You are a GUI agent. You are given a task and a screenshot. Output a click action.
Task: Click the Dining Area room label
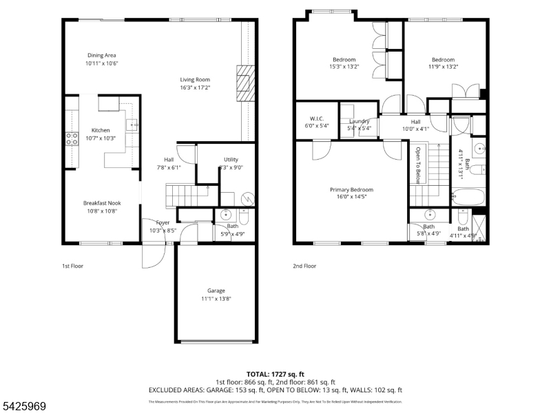[101, 55]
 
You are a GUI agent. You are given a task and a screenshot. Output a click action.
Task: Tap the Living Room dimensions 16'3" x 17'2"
[195, 87]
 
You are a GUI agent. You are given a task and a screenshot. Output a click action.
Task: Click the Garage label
[216, 290]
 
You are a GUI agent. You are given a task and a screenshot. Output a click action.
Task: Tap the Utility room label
[231, 160]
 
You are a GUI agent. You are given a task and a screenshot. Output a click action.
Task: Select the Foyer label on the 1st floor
[163, 222]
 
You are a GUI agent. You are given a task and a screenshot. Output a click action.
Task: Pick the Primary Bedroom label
[351, 190]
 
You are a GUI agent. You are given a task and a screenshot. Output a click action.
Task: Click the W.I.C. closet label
[317, 118]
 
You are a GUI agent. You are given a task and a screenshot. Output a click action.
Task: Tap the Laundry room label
[360, 121]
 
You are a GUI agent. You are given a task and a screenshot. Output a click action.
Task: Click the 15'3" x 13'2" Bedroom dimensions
[344, 67]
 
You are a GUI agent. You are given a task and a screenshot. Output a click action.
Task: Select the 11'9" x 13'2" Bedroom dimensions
[443, 67]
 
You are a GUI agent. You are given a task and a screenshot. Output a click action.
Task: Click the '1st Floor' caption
[72, 265]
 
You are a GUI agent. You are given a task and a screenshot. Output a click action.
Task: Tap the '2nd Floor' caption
[304, 265]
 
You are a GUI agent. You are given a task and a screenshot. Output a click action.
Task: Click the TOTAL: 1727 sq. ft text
[275, 374]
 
